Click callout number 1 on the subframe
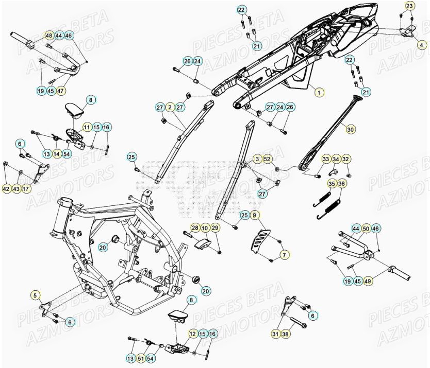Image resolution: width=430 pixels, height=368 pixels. [x=319, y=93]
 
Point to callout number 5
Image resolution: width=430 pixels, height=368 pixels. [x=36, y=295]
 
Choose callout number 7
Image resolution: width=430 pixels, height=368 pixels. [x=283, y=254]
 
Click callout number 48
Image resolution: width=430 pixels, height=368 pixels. [x=49, y=36]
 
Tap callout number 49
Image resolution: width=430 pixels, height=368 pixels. [x=368, y=281]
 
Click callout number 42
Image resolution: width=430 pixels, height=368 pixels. [x=6, y=189]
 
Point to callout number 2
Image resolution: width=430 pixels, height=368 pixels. [x=170, y=107]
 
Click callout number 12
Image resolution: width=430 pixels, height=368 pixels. [x=193, y=334]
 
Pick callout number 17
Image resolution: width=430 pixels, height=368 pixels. [x=26, y=189]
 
